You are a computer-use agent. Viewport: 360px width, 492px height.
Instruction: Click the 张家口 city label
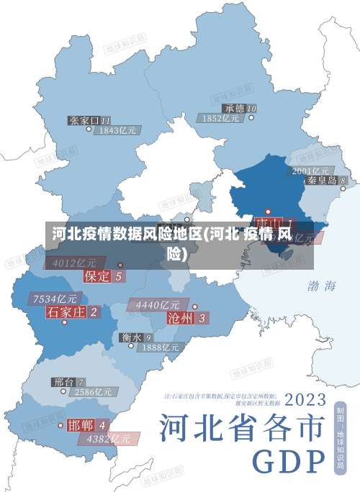[84, 120]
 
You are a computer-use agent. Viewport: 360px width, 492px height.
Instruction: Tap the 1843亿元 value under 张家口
[118, 131]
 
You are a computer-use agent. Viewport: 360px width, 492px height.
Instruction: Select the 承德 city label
[229, 109]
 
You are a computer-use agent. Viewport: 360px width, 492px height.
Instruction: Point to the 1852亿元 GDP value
[221, 119]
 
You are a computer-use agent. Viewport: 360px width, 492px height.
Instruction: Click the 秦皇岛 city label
[322, 181]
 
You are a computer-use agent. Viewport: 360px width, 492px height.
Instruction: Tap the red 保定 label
[97, 275]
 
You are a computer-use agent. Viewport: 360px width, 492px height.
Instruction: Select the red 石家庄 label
[66, 311]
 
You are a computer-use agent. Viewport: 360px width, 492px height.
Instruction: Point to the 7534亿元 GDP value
[55, 299]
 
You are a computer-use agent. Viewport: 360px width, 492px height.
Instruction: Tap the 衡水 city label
[131, 337]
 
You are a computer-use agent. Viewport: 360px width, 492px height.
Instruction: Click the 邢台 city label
[64, 381]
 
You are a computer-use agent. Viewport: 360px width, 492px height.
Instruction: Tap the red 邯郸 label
[81, 424]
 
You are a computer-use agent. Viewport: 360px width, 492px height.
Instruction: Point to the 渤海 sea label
[322, 286]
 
